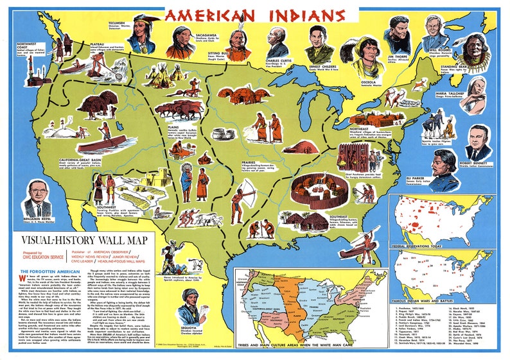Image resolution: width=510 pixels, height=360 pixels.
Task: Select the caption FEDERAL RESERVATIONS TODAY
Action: tap(426, 245)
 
